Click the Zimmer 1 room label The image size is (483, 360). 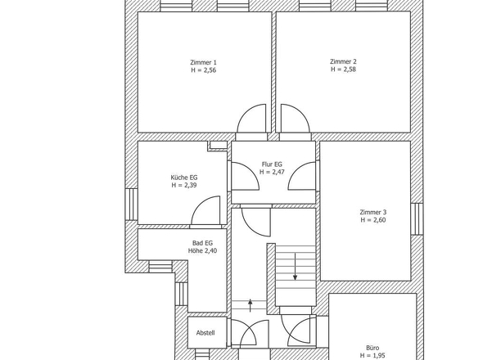point(202,62)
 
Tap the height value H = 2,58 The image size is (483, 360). point(343,70)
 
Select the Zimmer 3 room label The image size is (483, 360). point(372,212)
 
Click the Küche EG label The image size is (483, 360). point(183,178)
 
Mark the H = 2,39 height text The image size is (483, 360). point(183,186)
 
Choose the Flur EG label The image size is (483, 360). point(272,164)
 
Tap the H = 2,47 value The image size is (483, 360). point(272,173)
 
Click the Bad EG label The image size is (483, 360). point(202,243)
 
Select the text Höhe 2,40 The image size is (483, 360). point(202,251)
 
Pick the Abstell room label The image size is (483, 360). point(205,332)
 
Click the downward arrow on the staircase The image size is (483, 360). point(295,266)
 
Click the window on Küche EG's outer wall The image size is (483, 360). point(131,203)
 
